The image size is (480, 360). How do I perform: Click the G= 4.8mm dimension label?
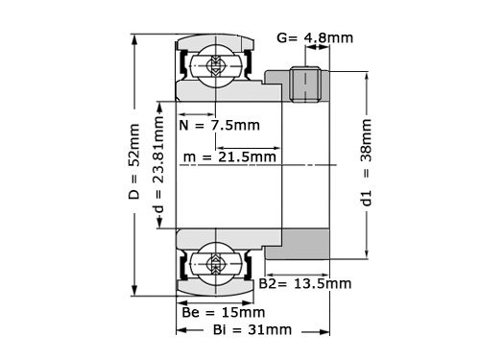click(313, 38)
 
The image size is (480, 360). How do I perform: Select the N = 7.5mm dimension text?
click(221, 126)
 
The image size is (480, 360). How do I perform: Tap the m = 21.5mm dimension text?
click(231, 156)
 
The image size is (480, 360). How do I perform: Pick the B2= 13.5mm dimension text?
click(305, 284)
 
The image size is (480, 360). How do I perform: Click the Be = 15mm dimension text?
click(223, 312)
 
